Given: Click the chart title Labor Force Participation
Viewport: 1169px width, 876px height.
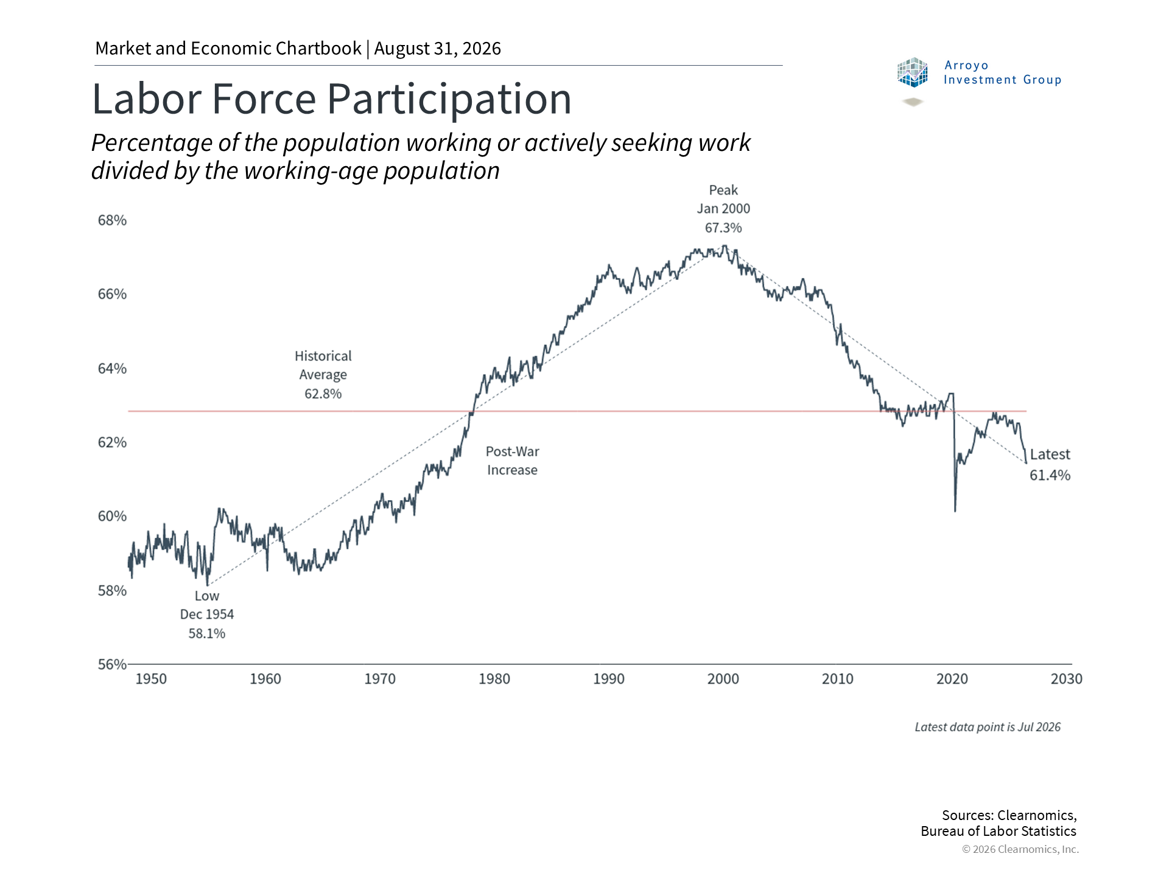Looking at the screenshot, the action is click(332, 99).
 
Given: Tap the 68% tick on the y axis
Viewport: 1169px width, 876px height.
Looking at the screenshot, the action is click(112, 220).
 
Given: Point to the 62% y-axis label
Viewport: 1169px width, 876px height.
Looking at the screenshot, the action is click(112, 442).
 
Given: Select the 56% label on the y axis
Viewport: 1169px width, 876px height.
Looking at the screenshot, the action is click(112, 664).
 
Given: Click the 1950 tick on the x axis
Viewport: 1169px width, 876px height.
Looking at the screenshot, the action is click(151, 679).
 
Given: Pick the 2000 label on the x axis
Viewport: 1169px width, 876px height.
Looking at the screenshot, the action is click(723, 679).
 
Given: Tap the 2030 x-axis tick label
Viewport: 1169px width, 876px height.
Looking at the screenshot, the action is click(1067, 679).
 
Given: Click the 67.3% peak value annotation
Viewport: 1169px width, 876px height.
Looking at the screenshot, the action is click(723, 228).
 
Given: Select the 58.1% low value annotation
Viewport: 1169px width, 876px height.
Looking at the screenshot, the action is click(207, 633).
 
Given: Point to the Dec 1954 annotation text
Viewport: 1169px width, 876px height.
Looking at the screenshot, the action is click(207, 614).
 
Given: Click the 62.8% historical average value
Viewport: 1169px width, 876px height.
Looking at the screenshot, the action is click(323, 394).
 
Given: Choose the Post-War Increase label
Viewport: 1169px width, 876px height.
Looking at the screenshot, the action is click(512, 461).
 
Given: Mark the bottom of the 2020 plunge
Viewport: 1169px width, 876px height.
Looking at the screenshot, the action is click(955, 511).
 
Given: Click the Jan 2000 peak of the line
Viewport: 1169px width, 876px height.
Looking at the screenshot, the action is click(724, 246).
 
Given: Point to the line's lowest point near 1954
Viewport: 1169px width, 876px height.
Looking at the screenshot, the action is click(208, 585).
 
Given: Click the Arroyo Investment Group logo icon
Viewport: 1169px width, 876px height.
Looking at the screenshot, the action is click(912, 72).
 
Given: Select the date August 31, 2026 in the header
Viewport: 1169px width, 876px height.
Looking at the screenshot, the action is click(438, 49).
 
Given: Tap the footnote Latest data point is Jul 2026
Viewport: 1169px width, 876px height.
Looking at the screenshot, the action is click(988, 727).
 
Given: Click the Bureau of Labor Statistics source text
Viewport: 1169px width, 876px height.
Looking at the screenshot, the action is click(999, 831).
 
